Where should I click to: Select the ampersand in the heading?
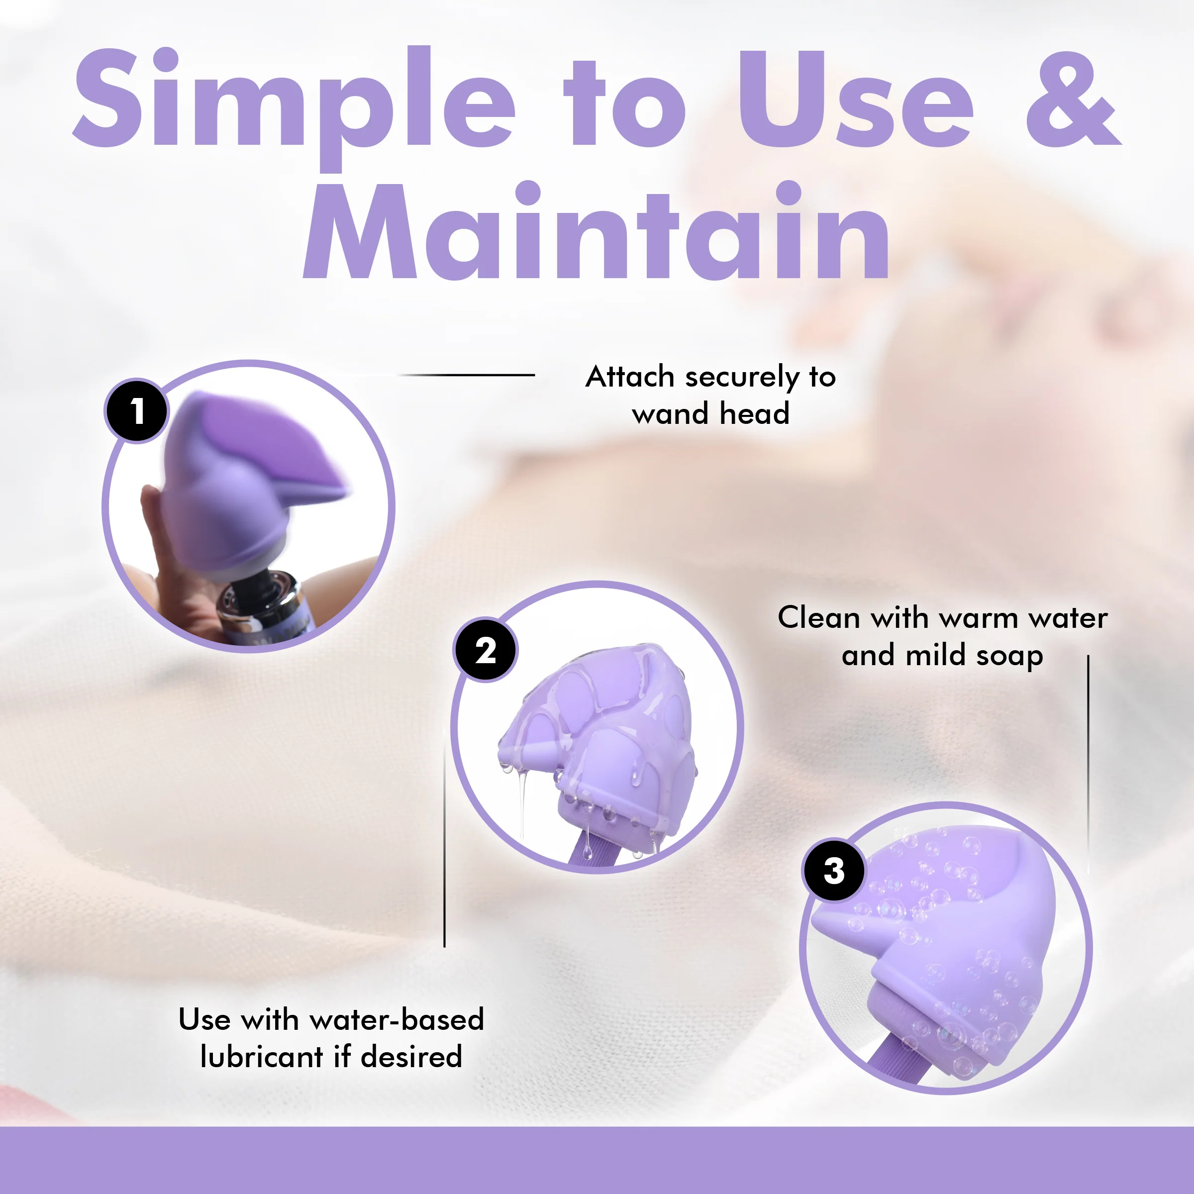click(x=1074, y=99)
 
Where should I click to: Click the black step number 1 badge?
click(x=137, y=410)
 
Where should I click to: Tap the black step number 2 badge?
click(x=486, y=650)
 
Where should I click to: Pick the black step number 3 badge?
click(x=834, y=870)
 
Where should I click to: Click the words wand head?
click(x=711, y=413)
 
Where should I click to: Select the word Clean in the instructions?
click(x=818, y=617)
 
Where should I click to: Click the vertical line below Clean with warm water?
click(x=1089, y=763)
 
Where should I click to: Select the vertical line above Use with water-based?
click(x=444, y=837)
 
